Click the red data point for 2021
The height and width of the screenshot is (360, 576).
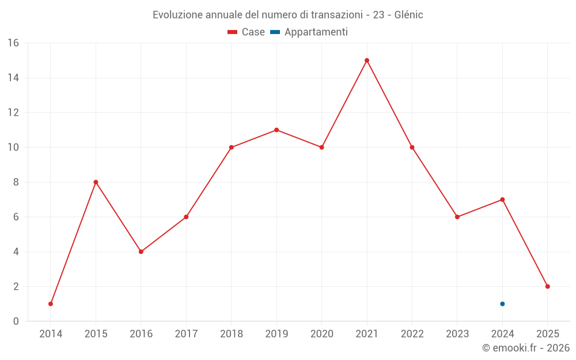click(x=367, y=60)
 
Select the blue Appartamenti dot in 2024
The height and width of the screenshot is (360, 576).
click(x=502, y=304)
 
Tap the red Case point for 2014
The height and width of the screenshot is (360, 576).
click(x=51, y=304)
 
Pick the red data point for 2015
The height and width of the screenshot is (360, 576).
click(x=96, y=182)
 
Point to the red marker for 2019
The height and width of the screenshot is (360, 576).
click(x=276, y=130)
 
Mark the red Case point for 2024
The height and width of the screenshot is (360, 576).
click(x=502, y=200)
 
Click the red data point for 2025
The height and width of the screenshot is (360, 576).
click(x=548, y=286)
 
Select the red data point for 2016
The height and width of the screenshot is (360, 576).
click(x=141, y=252)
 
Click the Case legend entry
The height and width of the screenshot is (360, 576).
click(x=247, y=32)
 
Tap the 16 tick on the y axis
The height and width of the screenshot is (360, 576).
click(x=13, y=43)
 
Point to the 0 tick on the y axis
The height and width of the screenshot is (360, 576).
click(x=16, y=321)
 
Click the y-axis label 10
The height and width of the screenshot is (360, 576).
click(x=13, y=147)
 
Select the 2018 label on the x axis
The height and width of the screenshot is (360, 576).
click(x=231, y=334)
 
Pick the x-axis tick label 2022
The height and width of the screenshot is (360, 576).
click(x=412, y=334)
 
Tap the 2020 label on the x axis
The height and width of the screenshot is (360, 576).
click(x=321, y=334)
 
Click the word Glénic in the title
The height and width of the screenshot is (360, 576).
click(x=408, y=15)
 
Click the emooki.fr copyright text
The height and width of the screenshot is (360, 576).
click(x=526, y=348)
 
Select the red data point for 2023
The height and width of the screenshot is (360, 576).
click(x=457, y=217)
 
